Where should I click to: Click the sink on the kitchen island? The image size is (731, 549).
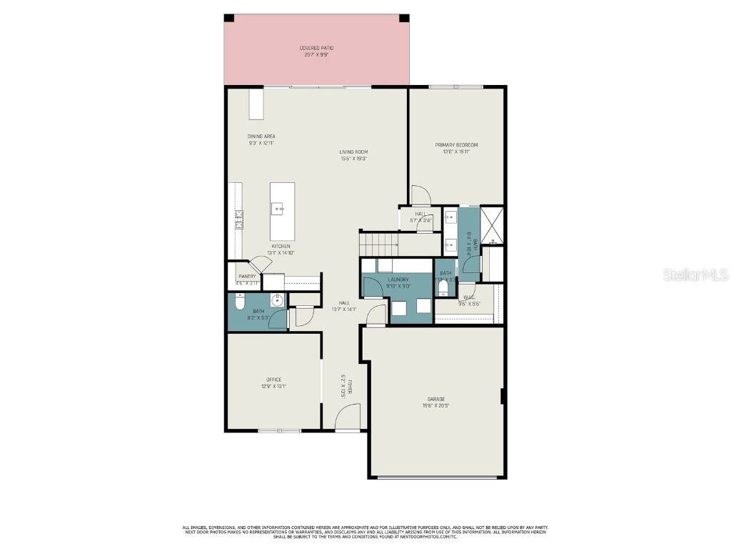(278, 209)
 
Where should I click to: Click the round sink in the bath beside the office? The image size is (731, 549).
(276, 300)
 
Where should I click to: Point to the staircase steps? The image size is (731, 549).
(378, 244)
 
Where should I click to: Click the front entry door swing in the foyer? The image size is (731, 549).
(348, 417)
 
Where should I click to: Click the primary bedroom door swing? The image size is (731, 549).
(421, 194)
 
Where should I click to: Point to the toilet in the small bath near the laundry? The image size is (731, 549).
(443, 288)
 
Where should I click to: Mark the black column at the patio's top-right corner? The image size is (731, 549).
(404, 18)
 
